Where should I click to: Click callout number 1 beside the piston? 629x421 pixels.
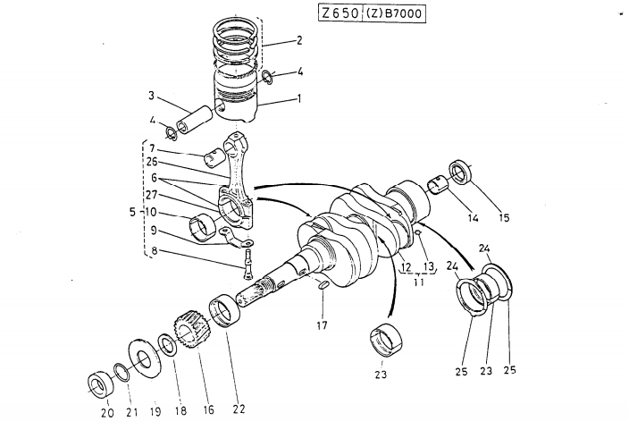[299, 99]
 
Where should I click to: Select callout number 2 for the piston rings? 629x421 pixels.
[299, 40]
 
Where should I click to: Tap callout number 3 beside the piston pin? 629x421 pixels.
[151, 95]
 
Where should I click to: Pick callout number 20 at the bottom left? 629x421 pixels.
[106, 412]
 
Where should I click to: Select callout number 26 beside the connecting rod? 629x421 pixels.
[153, 162]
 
